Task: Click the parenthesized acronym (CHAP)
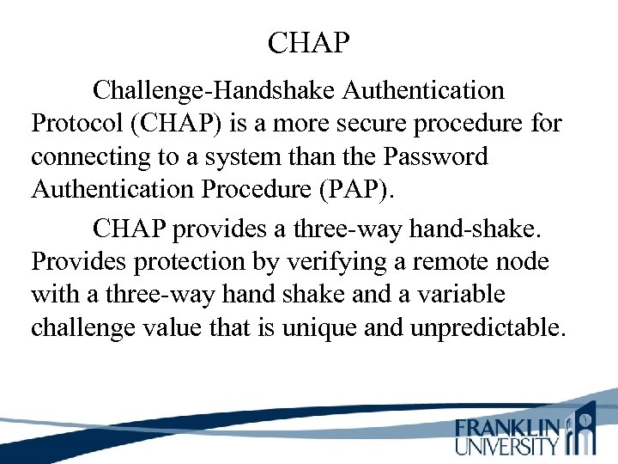point(177,124)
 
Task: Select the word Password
point(439,158)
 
